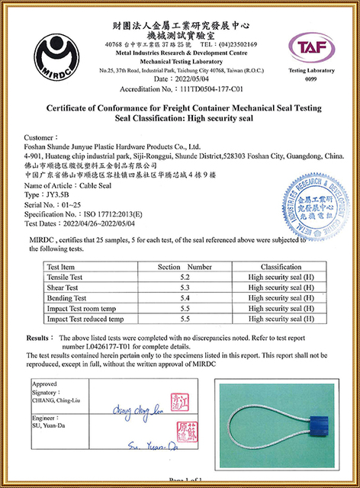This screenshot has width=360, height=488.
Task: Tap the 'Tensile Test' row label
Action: [x=66, y=278]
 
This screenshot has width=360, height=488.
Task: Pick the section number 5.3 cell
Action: [x=184, y=288]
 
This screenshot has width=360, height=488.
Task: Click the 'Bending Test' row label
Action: [x=67, y=298]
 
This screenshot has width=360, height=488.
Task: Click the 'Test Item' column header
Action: [x=63, y=268]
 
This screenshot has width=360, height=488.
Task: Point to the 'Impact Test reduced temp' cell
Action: [x=85, y=319]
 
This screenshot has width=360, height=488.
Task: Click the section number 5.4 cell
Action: [x=184, y=298]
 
